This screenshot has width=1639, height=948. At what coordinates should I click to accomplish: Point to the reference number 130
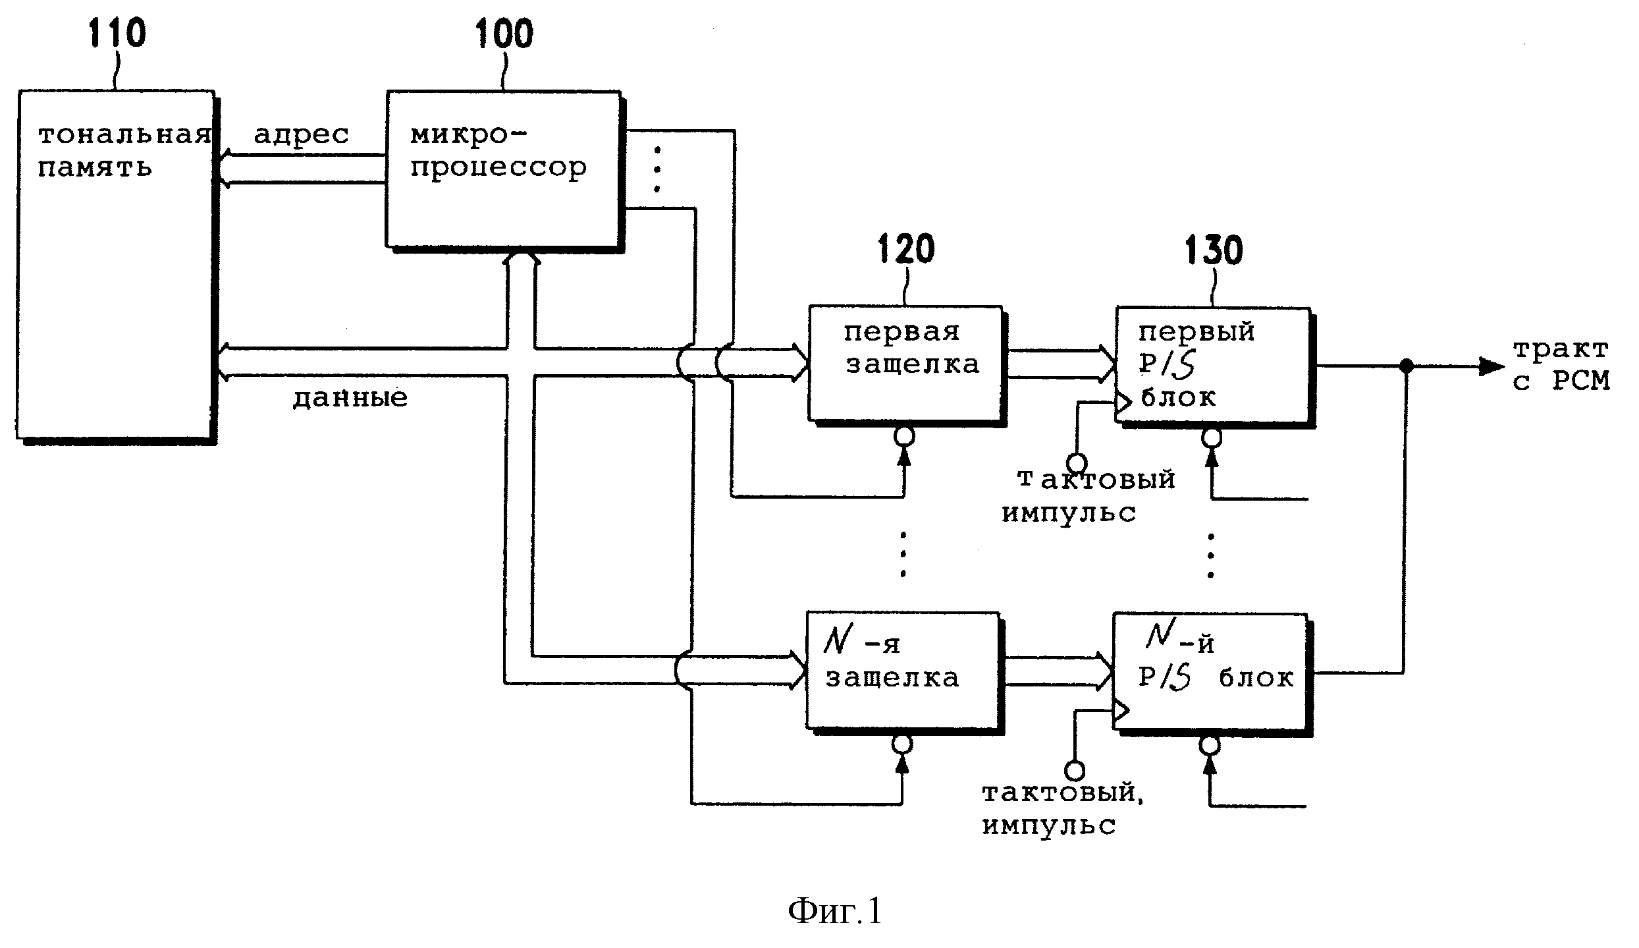(x=1214, y=250)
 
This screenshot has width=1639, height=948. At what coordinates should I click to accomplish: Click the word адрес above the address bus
(x=301, y=134)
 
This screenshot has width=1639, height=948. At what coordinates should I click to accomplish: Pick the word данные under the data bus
(x=350, y=398)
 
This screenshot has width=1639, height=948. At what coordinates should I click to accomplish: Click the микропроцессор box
(x=502, y=169)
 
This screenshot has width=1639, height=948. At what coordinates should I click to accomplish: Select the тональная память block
(x=115, y=264)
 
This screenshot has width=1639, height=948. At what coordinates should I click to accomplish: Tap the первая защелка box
(x=905, y=362)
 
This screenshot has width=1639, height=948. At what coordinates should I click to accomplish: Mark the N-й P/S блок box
(x=1210, y=671)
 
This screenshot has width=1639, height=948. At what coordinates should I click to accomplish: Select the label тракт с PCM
(x=1561, y=365)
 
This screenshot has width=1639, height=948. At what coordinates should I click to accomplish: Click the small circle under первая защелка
(x=904, y=436)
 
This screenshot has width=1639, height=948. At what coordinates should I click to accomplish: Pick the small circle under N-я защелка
(x=901, y=744)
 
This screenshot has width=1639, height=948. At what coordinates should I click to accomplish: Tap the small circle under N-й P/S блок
(x=1210, y=746)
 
